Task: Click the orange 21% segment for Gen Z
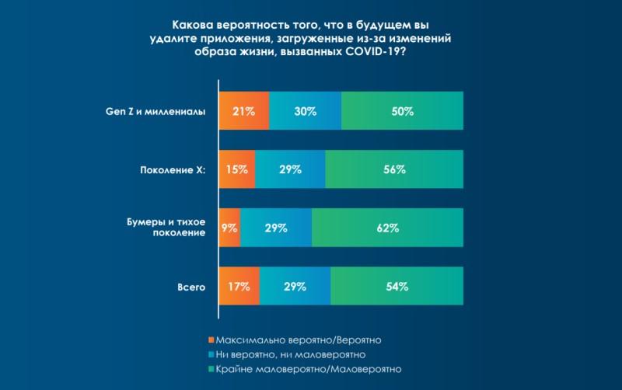(244, 111)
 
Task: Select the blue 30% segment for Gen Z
(305, 111)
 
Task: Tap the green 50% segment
(402, 111)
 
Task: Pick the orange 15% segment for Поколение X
(237, 169)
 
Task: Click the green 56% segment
(394, 169)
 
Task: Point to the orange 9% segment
(230, 228)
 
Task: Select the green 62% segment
(387, 228)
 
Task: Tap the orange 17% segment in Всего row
(239, 287)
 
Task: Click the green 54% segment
(397, 287)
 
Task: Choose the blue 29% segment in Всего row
(295, 287)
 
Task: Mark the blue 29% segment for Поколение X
(290, 169)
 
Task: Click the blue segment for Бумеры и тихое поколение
(276, 228)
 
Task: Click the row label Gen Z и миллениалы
(155, 111)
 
